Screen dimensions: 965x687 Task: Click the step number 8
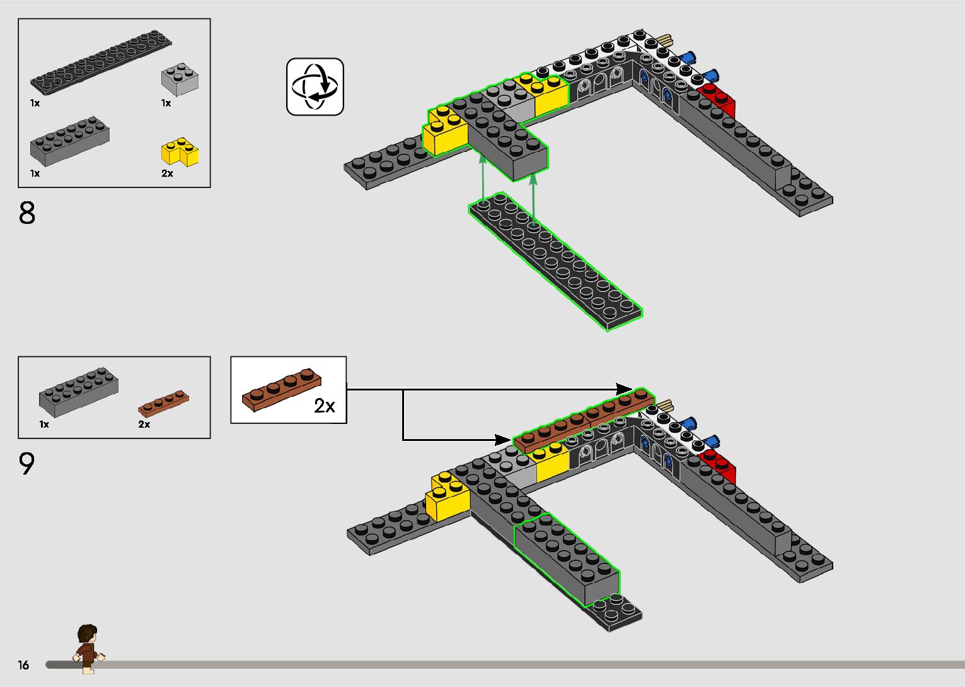point(27,213)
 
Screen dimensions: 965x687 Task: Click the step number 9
point(26,464)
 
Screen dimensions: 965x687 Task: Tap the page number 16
point(23,665)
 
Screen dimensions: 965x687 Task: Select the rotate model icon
point(315,87)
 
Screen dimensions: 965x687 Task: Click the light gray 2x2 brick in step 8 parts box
point(180,78)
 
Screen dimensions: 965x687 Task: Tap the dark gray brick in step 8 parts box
point(69,139)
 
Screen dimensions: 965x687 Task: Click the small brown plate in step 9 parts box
point(163,402)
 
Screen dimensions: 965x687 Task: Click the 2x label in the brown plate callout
point(325,406)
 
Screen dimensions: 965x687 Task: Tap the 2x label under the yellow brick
point(167,173)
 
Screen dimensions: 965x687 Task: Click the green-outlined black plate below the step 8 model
point(555,261)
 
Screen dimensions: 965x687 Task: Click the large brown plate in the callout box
point(282,390)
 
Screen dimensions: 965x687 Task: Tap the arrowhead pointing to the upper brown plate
point(624,389)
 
